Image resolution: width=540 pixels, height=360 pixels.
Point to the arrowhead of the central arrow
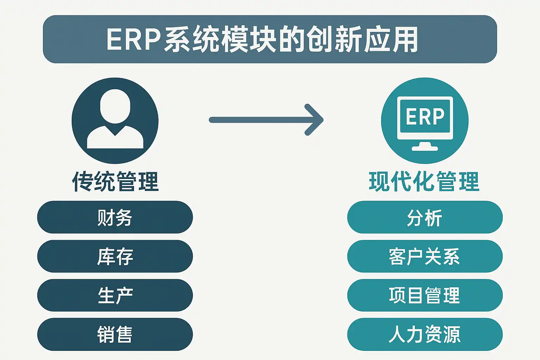click(316, 120)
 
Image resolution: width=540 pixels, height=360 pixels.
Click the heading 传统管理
click(115, 182)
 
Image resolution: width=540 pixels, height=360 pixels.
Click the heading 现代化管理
click(424, 182)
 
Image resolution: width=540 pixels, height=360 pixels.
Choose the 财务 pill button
click(115, 217)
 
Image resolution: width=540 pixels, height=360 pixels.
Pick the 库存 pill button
click(115, 256)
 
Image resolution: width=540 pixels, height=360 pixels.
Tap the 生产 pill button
click(115, 295)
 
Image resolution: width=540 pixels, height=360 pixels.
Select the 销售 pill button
click(115, 334)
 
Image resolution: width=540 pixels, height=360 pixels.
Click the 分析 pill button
click(425, 217)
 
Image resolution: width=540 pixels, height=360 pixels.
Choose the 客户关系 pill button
click(425, 256)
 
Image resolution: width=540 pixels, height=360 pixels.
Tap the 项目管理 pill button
click(425, 295)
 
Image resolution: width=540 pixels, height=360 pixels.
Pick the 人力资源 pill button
click(425, 334)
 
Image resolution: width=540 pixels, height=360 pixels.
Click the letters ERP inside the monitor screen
click(425, 116)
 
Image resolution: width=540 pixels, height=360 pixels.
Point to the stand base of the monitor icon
click(425, 148)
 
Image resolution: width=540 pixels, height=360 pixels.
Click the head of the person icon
click(115, 105)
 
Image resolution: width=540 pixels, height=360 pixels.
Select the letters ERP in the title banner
click(134, 39)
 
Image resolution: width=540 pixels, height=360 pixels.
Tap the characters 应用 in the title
click(390, 39)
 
